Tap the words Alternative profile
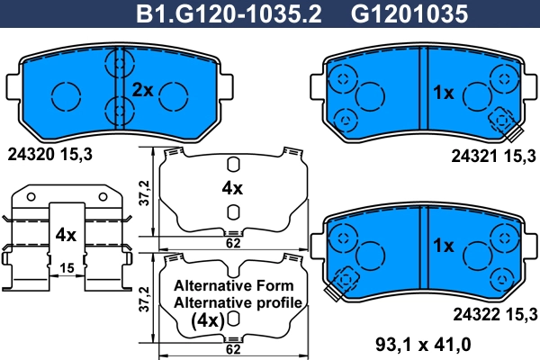pos(238,302)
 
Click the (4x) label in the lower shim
pos(208,320)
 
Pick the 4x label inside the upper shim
pos(232,188)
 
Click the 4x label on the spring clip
pos(65,234)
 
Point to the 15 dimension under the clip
pos(65,267)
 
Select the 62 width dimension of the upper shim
pos(232,243)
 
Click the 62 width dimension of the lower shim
pos(232,348)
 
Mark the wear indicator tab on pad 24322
pos(340,287)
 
